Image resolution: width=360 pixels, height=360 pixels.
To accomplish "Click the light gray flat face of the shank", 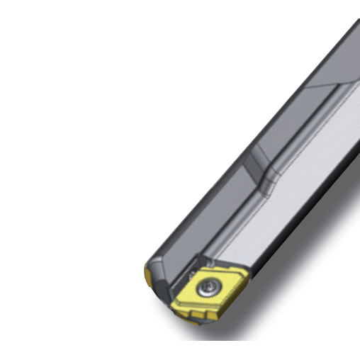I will click(283, 206).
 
